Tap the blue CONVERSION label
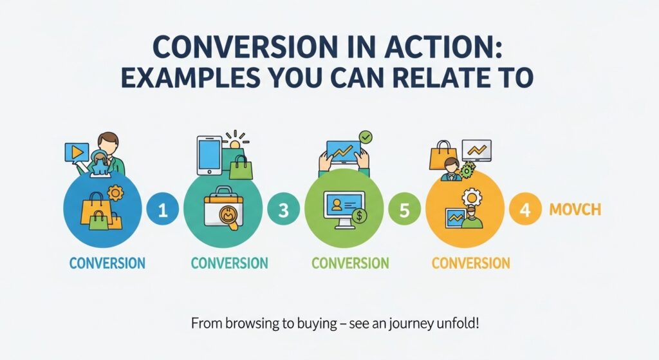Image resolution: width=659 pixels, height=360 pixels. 107,263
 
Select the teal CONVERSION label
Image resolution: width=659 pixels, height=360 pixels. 229,263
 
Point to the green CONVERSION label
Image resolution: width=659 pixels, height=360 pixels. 350,263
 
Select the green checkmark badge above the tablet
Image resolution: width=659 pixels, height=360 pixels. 366,137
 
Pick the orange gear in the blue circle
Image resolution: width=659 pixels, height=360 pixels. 116,193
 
